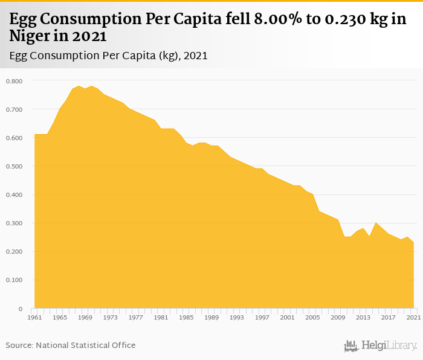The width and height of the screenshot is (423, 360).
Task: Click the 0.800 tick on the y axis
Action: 13,81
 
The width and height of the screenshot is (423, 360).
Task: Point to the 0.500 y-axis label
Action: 13,166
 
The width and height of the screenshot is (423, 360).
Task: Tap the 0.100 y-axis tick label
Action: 13,280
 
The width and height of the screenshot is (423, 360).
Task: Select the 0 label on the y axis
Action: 21,309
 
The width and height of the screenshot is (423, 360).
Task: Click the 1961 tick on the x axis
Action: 34,317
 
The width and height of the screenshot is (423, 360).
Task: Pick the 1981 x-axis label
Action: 161,317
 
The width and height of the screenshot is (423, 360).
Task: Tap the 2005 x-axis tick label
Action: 312,317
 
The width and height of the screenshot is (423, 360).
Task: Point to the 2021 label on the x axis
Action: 413,317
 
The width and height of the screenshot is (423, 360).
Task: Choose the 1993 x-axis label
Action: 237,317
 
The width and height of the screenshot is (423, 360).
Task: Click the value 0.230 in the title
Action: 342,20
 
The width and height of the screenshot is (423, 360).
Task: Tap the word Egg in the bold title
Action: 22,20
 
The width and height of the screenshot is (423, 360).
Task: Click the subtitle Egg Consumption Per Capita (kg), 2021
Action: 109,56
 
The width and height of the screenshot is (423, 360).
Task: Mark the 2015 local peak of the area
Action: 376,223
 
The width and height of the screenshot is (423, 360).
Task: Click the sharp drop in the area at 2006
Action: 319,211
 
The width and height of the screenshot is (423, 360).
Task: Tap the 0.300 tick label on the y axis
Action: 13,223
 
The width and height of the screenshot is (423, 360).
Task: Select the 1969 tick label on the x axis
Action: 85,317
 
